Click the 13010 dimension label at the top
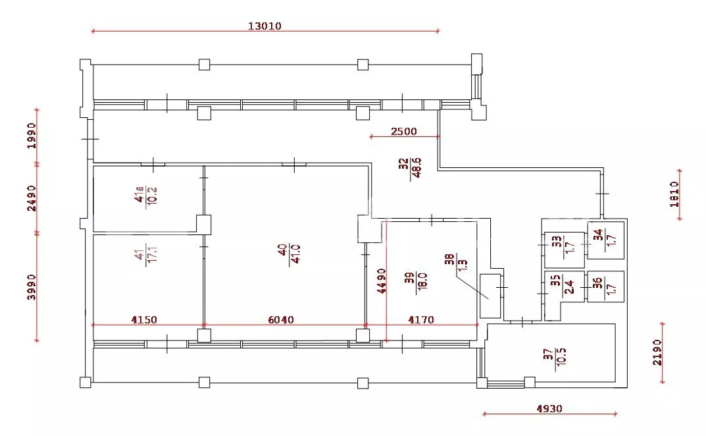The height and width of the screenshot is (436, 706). point(265,26)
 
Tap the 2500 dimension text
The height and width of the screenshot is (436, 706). point(404,131)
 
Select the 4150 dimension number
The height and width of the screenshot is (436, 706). point(144,319)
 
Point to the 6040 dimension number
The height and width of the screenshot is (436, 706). point(280,319)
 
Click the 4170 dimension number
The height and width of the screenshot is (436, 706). point(421,319)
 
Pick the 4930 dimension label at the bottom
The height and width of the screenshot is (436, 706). point(549,408)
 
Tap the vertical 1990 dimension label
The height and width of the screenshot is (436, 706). point(31,136)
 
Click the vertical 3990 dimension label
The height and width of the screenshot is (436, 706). point(31,286)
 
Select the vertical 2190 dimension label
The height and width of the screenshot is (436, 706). point(657,352)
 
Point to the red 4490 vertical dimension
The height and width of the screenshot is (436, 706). point(382,281)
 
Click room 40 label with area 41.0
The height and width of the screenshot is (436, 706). point(289,254)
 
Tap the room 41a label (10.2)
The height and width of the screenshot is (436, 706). point(145,196)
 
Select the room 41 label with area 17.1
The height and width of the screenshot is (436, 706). point(145,256)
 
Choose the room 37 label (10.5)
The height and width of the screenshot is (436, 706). point(554,357)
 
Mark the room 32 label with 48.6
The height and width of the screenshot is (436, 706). point(410,168)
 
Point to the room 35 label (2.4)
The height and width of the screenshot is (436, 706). point(563,285)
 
